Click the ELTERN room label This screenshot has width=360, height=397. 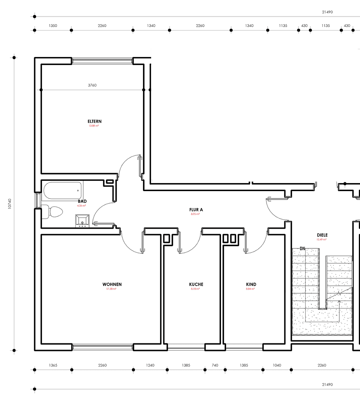pos(95,121)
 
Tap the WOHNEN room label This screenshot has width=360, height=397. pos(112,284)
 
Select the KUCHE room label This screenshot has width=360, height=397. pos(196,284)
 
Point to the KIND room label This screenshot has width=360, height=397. pos(251,284)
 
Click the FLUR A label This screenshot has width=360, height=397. pos(196,210)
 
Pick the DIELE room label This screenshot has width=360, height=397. pos(322,235)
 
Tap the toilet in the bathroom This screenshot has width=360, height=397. pos(54,212)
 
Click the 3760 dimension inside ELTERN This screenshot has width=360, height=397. pos(92,85)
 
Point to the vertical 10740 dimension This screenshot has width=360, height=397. pos(10,204)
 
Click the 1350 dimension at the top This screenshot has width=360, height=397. pos(53,26)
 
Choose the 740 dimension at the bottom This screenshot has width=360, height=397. pos(215,365)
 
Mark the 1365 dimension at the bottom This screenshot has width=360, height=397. pos(53,365)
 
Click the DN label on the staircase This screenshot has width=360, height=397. pos(302,249)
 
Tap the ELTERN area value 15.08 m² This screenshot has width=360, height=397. pos(93,126)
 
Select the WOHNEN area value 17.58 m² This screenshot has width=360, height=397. pos(111,289)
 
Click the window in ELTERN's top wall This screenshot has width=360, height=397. pos(102,61)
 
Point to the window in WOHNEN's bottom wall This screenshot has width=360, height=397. pos(103,347)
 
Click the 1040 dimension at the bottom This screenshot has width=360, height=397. pos(277,365)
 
